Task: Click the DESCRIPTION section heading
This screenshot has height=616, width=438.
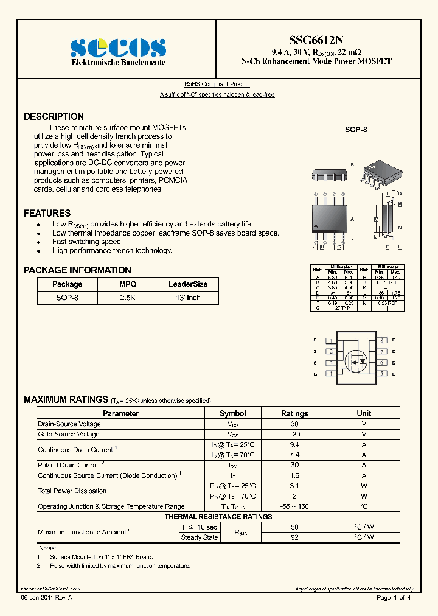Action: click(x=54, y=117)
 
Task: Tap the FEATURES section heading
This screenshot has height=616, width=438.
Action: click(x=47, y=214)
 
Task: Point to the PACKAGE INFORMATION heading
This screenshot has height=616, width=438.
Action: click(x=77, y=270)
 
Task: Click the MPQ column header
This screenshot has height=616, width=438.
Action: click(x=128, y=284)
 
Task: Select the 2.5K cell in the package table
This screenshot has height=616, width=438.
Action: click(x=128, y=298)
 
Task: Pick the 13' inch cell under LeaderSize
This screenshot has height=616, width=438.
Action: click(x=188, y=298)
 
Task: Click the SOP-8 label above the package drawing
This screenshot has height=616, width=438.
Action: click(x=356, y=130)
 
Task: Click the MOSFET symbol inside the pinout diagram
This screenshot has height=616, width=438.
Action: click(x=354, y=360)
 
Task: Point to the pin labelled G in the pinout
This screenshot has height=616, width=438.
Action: click(x=315, y=374)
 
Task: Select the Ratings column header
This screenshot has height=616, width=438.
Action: click(x=294, y=413)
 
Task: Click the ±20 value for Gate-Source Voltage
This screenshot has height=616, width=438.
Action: click(x=294, y=435)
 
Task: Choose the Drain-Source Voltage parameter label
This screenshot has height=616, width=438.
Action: click(x=69, y=424)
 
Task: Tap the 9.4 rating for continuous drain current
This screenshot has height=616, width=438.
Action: click(x=294, y=445)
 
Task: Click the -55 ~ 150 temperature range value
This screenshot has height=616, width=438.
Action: click(x=294, y=506)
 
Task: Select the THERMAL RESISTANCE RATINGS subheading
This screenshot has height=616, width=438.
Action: click(x=218, y=517)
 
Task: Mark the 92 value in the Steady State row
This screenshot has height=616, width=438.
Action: click(x=294, y=537)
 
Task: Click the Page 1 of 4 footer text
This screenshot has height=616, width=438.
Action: click(x=394, y=598)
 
